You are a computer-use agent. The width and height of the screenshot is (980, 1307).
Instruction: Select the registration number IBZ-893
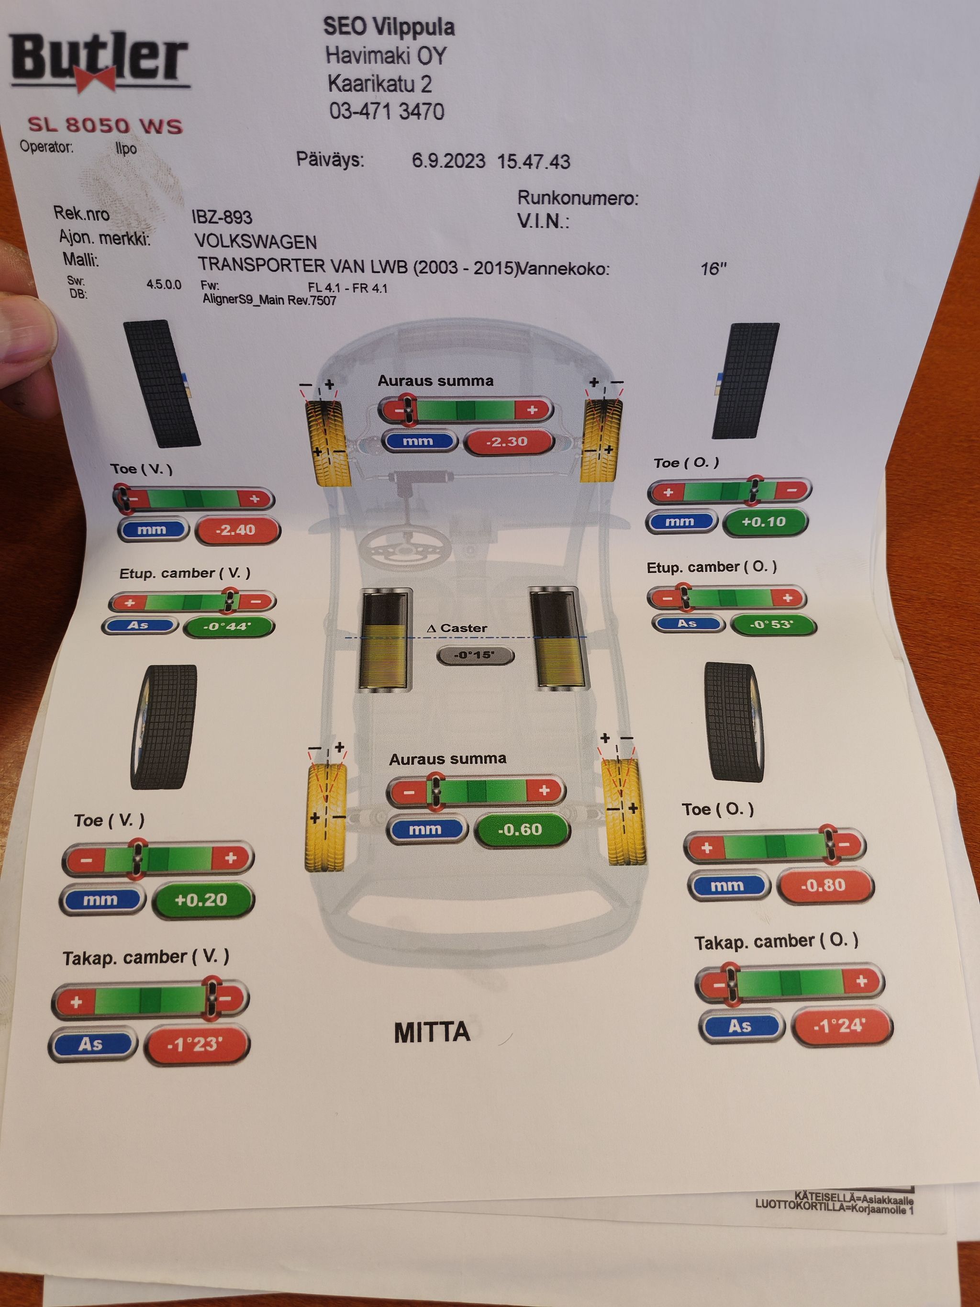(x=222, y=217)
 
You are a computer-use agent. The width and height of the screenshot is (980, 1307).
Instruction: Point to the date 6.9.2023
(x=448, y=161)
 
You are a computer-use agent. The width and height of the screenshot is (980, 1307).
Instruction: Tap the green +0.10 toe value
(x=764, y=522)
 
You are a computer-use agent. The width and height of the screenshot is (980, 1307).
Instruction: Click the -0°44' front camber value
(x=229, y=626)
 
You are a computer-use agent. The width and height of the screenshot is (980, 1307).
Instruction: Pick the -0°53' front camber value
(x=773, y=624)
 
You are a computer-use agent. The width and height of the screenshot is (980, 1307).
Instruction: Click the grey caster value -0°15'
(x=475, y=655)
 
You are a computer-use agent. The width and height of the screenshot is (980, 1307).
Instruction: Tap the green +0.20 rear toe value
(x=202, y=900)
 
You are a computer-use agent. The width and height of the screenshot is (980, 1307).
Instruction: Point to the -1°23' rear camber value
(x=197, y=1044)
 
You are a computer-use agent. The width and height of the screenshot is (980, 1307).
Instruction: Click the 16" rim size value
(x=713, y=269)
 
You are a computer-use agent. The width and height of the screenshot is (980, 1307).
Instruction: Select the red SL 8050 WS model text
(x=105, y=125)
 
